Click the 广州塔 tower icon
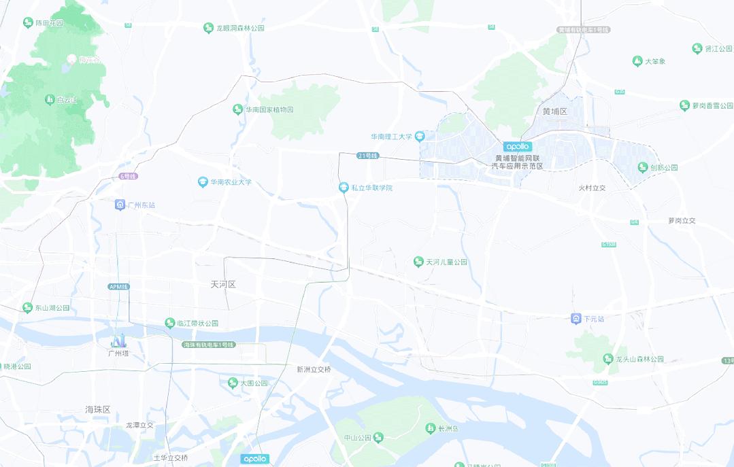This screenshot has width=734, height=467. pyautogui.click(x=119, y=340)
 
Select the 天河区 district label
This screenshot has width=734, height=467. pyautogui.click(x=223, y=284)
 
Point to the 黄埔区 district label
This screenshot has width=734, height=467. pyautogui.click(x=554, y=111)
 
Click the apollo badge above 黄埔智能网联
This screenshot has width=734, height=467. pyautogui.click(x=517, y=146)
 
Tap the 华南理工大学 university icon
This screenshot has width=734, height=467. pyautogui.click(x=420, y=137)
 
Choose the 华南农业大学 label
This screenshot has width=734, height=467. pyautogui.click(x=231, y=182)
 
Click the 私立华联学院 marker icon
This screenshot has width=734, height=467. pyautogui.click(x=344, y=188)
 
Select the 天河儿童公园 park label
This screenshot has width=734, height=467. pyautogui.click(x=446, y=262)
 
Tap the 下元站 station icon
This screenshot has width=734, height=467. pyautogui.click(x=575, y=318)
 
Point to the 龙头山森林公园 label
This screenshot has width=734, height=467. pyautogui.click(x=639, y=359)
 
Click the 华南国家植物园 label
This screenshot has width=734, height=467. pyautogui.click(x=269, y=109)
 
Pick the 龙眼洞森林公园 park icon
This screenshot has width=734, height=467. pyautogui.click(x=209, y=28)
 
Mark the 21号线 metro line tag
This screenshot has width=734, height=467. pyautogui.click(x=367, y=156)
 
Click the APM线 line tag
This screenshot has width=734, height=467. pyautogui.click(x=118, y=286)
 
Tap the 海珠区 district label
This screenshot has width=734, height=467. pyautogui.click(x=98, y=409)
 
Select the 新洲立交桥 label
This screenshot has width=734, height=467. pyautogui.click(x=314, y=369)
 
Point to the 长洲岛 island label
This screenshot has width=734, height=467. pyautogui.click(x=449, y=428)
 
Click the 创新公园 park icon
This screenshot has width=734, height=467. pyautogui.click(x=643, y=167)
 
